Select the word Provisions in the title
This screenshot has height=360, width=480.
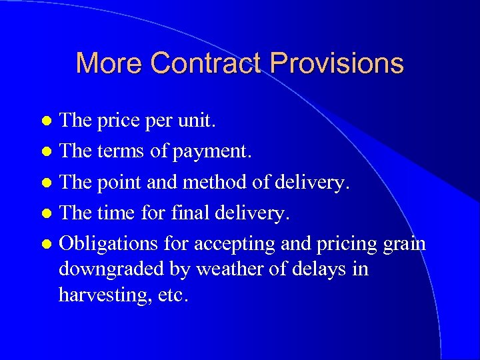click(x=337, y=63)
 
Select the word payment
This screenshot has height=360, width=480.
click(x=211, y=152)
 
